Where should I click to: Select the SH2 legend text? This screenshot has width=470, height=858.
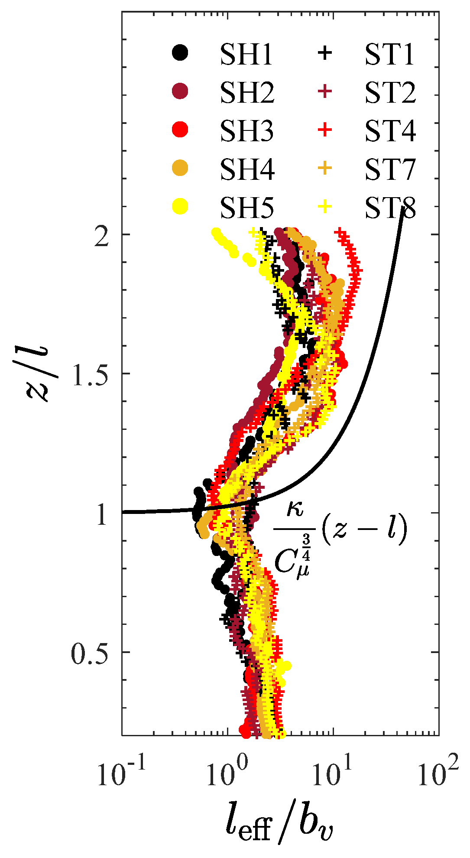247,92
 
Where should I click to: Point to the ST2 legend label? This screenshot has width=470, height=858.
390,92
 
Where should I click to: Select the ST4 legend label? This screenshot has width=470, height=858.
390,130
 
